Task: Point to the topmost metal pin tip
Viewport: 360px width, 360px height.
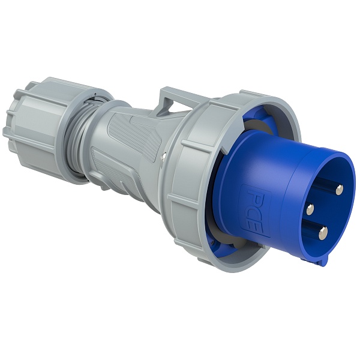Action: [x=340, y=190]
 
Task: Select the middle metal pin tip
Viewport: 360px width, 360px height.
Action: [x=310, y=209]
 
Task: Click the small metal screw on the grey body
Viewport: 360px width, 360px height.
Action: [x=163, y=155]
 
